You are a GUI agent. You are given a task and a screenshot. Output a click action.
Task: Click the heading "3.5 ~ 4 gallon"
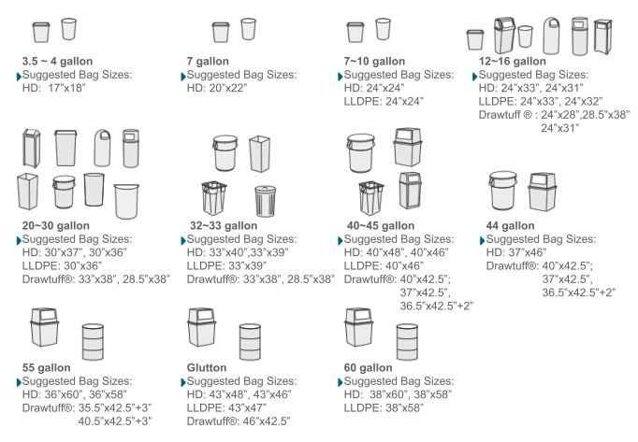point(57,62)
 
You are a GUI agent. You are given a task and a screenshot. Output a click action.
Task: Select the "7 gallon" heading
point(208,62)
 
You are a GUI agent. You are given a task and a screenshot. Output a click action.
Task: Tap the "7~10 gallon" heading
point(374,62)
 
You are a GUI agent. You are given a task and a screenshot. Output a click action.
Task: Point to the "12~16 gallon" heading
point(513,62)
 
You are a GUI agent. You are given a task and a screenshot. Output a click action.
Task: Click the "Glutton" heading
point(207,367)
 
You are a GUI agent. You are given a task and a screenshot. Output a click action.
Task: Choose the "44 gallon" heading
point(510,226)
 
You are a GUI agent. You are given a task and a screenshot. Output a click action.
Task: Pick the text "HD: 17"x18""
point(53,88)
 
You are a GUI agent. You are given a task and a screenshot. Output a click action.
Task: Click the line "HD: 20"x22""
point(217,88)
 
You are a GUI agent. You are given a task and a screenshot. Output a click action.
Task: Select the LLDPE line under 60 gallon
point(384,407)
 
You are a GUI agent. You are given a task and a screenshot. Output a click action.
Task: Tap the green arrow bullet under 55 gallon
point(19,382)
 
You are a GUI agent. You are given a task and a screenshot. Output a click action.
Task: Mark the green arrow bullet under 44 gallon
point(483,240)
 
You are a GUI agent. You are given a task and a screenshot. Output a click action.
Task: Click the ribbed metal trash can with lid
point(266,201)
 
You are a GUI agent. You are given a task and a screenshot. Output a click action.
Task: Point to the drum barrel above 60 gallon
point(407,342)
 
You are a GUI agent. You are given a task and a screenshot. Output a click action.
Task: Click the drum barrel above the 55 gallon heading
point(93,342)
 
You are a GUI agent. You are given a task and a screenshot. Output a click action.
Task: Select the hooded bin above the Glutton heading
point(202,327)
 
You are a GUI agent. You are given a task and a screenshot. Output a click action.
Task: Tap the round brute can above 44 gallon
point(503,191)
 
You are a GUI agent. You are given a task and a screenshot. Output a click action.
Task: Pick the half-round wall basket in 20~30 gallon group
point(126,201)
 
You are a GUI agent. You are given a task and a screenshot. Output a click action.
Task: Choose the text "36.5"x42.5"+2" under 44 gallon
point(578,292)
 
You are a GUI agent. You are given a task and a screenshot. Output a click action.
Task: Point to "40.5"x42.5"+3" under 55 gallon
point(115,421)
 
